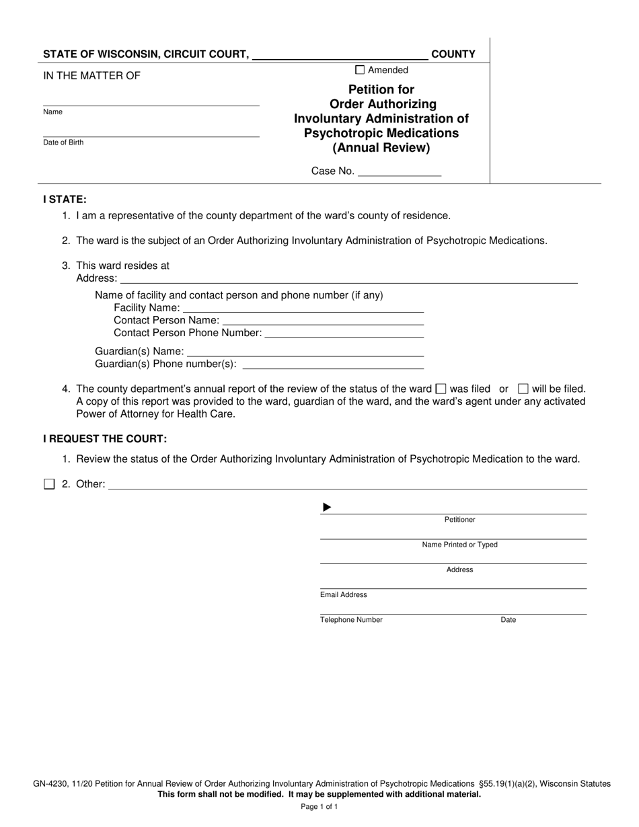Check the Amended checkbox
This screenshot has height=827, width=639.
[x=360, y=70]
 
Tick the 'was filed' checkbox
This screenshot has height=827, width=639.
[x=441, y=389]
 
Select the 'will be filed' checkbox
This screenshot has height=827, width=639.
[x=523, y=389]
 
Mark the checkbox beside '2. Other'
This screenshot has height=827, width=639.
[x=49, y=484]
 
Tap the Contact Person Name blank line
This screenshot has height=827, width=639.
[x=323, y=321]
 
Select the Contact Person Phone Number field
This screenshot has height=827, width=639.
[x=345, y=333]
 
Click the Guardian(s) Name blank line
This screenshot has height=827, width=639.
[x=305, y=351]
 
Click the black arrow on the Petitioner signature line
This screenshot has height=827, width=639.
[x=327, y=508]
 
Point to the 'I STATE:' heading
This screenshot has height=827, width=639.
[x=65, y=200]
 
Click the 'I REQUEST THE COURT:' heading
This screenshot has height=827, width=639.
[x=105, y=439]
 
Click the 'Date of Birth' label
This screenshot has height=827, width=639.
[x=63, y=143]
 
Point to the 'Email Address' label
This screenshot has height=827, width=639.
[x=344, y=595]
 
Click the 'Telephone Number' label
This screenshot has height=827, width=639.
[x=351, y=620]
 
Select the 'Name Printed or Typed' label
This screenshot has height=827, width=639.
[x=459, y=545]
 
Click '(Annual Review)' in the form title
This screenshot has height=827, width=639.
[x=381, y=148]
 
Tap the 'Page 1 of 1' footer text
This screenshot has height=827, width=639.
[x=319, y=806]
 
